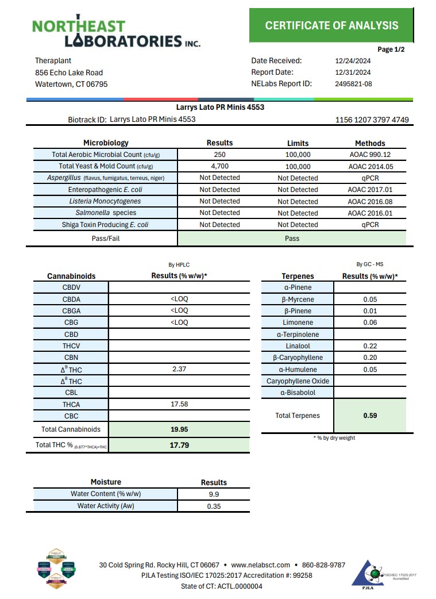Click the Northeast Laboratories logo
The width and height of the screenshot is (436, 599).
115,32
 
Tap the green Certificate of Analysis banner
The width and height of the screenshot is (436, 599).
331,25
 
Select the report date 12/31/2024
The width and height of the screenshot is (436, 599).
353,72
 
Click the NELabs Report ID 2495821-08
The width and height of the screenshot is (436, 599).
353,84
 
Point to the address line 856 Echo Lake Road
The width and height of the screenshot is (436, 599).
69,72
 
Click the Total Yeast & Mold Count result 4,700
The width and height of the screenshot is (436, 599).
219,167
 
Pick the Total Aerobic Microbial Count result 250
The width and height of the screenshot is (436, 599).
219,155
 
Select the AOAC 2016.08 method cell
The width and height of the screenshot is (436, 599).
370,201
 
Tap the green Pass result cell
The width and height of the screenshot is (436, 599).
292,238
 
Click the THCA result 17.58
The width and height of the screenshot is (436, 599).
179,404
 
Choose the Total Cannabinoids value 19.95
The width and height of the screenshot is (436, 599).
179,429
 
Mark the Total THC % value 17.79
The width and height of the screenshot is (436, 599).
179,445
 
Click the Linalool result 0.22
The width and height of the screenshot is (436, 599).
370,346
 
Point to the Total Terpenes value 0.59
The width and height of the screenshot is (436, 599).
370,416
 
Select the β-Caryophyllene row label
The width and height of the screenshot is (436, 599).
298,358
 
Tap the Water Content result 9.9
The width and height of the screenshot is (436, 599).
214,494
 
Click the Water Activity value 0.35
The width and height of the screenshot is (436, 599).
214,506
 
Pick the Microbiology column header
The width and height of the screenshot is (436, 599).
106,143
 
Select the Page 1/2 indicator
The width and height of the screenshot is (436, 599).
391,49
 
